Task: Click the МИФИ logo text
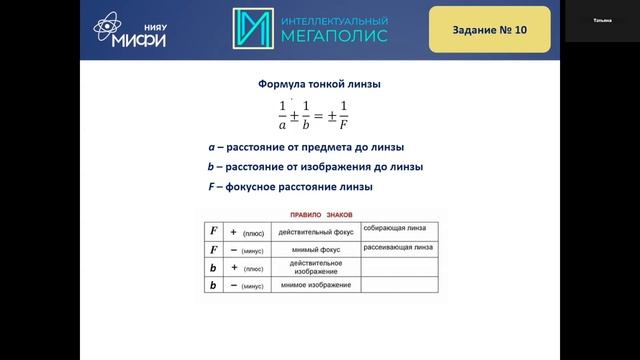(139, 40)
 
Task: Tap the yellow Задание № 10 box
(490, 30)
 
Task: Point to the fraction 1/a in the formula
(255, 116)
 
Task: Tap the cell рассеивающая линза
(397, 247)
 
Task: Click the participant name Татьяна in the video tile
(602, 19)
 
